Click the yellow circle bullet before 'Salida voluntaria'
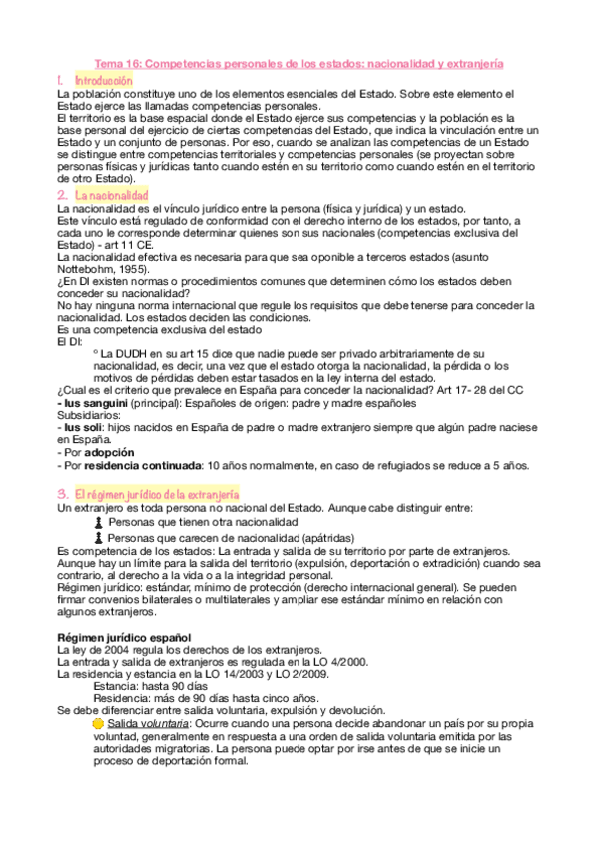pos(97,722)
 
